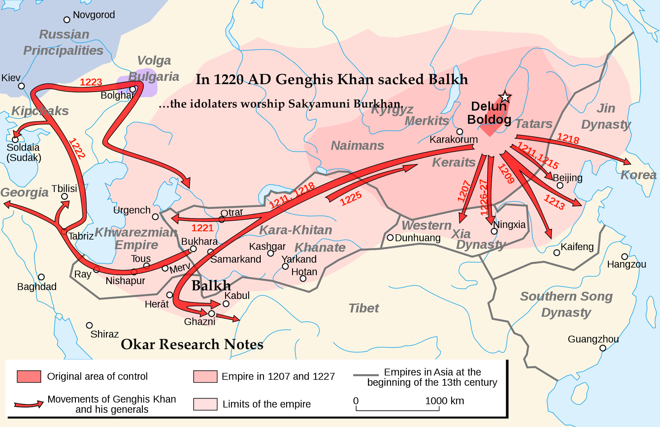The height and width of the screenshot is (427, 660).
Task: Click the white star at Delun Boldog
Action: pyautogui.click(x=505, y=97)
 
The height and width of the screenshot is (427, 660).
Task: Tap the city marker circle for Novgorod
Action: pyautogui.click(x=67, y=20)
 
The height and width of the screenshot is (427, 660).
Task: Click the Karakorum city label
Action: pyautogui.click(x=453, y=140)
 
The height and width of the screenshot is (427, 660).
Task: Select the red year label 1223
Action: pyautogui.click(x=91, y=82)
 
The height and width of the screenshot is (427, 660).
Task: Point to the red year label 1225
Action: pyautogui.click(x=351, y=198)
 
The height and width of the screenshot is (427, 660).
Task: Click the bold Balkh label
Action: pyautogui.click(x=211, y=285)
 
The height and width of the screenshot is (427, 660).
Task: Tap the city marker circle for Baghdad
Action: pyautogui.click(x=41, y=277)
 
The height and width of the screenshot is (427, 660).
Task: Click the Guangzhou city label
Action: pyautogui.click(x=593, y=339)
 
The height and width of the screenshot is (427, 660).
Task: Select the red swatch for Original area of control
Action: pyautogui.click(x=29, y=376)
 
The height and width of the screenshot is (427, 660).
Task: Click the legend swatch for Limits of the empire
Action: pyautogui.click(x=205, y=404)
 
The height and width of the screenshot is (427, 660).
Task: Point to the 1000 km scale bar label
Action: pyautogui.click(x=444, y=401)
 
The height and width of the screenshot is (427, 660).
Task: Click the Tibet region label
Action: pyautogui.click(x=363, y=308)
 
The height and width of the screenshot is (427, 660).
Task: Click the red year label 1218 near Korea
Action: pyautogui.click(x=568, y=139)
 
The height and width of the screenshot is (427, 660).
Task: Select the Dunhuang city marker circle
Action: pyautogui.click(x=390, y=238)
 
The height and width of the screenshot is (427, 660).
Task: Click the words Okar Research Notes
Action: pyautogui.click(x=192, y=344)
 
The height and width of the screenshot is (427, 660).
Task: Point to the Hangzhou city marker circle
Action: pyautogui.click(x=625, y=257)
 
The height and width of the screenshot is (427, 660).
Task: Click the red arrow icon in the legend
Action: pyautogui.click(x=28, y=404)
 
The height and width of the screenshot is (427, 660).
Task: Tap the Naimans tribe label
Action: pyautogui.click(x=357, y=146)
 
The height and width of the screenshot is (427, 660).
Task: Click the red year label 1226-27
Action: pyautogui.click(x=484, y=197)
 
